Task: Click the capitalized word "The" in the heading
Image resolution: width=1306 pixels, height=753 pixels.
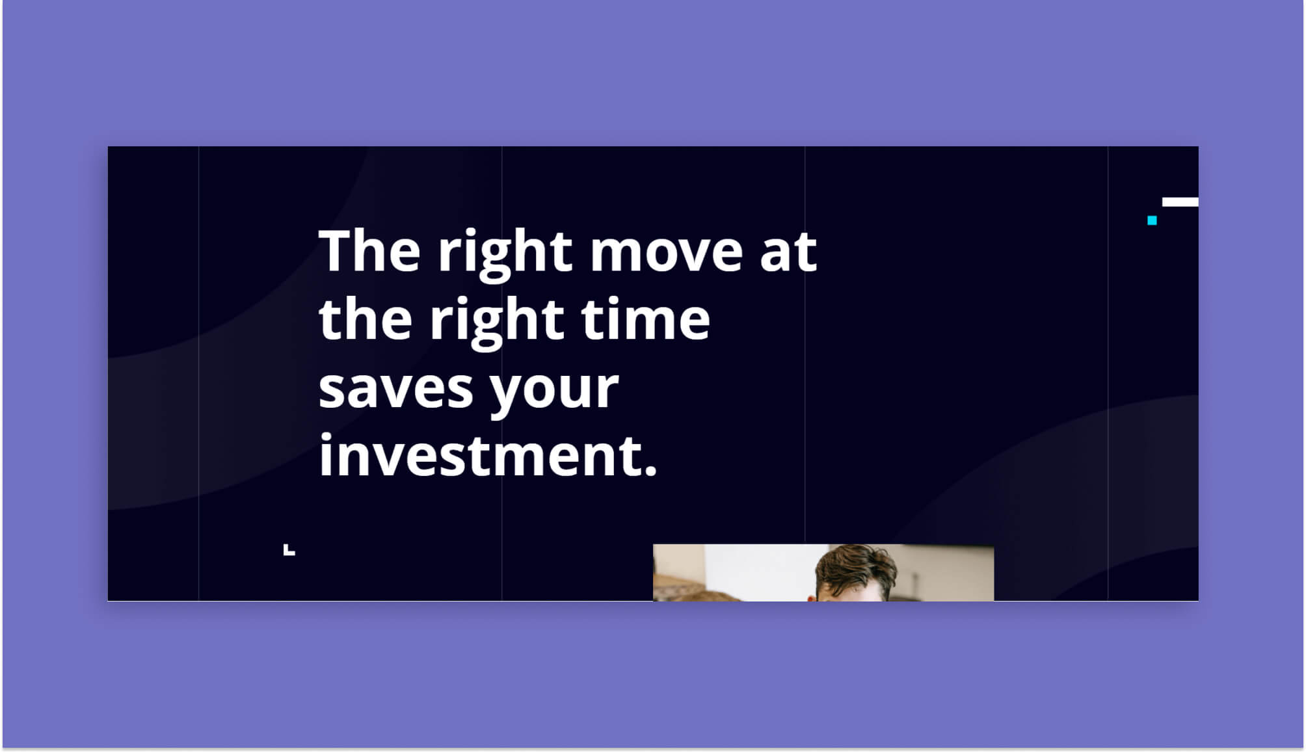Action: (x=369, y=251)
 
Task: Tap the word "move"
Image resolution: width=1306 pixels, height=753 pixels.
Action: (x=666, y=252)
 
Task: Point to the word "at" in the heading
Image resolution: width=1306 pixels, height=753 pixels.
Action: (x=788, y=252)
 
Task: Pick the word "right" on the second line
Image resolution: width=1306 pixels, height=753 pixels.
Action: (x=497, y=323)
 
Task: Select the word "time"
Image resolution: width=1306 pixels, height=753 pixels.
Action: (x=645, y=319)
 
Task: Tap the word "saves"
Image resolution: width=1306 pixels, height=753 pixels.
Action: (x=395, y=388)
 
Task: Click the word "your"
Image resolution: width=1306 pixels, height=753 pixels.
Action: (x=553, y=391)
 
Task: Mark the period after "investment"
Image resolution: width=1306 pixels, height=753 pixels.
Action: (x=651, y=472)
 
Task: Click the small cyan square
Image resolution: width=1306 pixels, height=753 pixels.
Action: (x=1152, y=220)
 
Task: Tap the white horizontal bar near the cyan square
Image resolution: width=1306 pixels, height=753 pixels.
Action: (x=1180, y=202)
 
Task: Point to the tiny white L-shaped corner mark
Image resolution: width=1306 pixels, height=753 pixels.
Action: (x=289, y=551)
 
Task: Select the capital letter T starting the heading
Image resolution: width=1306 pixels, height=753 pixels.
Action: (x=338, y=251)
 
